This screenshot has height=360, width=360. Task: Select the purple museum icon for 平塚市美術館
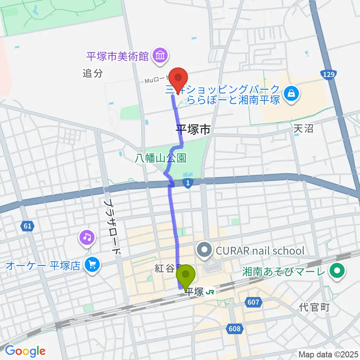pos(160,56)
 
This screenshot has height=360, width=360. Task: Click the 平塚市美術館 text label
pos(118,57)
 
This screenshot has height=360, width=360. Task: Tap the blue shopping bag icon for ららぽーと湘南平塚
pos(291,93)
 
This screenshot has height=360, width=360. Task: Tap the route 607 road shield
pos(253,301)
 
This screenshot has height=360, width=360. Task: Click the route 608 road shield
pos(234,328)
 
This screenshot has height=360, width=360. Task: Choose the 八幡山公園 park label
pos(161,158)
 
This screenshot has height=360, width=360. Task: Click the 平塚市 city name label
pos(193,130)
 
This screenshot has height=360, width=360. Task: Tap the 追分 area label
pos(93,73)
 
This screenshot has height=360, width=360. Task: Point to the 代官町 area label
pos(314,307)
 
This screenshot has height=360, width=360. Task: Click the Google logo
pos(25,351)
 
